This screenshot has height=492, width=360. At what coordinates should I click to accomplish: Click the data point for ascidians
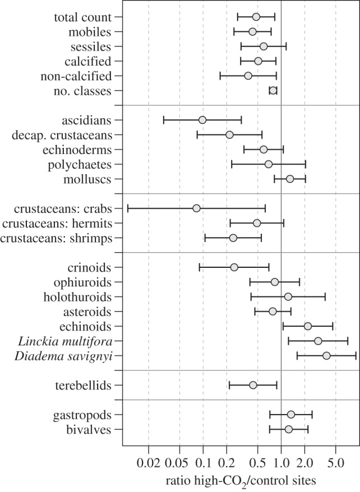tap(202, 120)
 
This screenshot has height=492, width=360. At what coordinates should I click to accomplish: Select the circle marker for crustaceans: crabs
tap(196, 208)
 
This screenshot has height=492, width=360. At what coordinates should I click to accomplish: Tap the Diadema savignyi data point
tap(326, 355)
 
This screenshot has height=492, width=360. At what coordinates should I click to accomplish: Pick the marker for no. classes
tap(273, 90)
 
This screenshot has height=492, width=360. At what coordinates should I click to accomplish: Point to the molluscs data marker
tap(290, 179)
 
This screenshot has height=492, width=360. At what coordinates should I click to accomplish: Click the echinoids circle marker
tap(308, 326)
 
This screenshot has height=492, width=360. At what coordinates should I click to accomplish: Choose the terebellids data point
tap(253, 385)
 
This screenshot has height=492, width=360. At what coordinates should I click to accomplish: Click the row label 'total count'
tap(83, 17)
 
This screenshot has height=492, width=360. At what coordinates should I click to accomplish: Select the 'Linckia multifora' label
tap(65, 341)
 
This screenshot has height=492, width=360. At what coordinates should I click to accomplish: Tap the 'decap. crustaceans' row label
tap(62, 135)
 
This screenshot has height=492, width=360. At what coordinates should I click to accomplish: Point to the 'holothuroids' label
tap(77, 297)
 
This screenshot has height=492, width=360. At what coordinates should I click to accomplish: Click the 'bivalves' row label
tap(89, 430)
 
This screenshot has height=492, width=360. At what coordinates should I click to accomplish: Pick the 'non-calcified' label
tap(76, 76)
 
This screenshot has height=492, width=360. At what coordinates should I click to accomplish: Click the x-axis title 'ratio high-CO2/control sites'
tap(241, 481)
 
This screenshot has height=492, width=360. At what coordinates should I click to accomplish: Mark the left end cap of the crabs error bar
tap(128, 208)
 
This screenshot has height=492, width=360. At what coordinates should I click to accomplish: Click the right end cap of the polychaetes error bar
tap(306, 164)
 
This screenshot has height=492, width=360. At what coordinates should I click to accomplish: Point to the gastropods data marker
tap(291, 415)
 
